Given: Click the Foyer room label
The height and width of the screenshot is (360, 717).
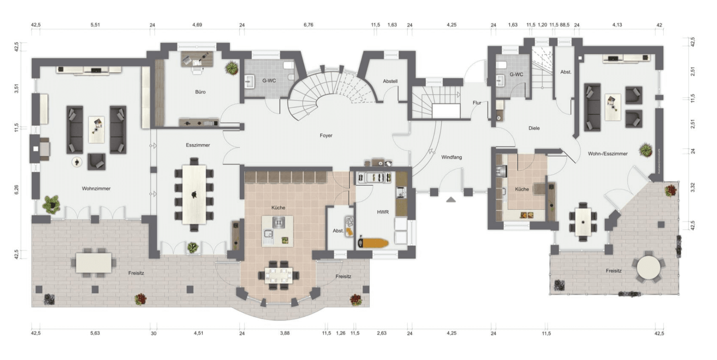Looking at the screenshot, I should tap(326, 135).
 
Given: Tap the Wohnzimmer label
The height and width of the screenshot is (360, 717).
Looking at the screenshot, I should tap(96, 188).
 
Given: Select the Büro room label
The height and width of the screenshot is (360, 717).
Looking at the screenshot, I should tap(200, 92).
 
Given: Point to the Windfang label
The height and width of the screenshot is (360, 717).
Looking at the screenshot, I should tap(451, 157).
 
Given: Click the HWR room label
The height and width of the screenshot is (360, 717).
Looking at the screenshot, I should tap(382, 212).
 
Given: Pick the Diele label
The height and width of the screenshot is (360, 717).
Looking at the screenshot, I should tap(534, 128).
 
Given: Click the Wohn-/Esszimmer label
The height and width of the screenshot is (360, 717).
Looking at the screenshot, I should tap(607, 154).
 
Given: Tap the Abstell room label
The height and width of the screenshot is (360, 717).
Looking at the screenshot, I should tap(390, 81).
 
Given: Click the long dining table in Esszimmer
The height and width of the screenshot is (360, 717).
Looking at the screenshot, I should tap(194, 195).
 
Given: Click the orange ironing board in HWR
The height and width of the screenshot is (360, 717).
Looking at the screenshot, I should tap(373, 243).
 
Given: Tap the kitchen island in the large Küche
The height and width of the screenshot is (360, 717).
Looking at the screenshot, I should tap(277, 231).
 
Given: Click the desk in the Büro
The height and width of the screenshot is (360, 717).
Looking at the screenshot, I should tap(197, 59).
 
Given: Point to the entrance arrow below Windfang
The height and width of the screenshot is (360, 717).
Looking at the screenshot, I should tap(451, 200).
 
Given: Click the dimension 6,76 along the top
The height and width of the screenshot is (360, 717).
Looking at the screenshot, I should tap(308, 25).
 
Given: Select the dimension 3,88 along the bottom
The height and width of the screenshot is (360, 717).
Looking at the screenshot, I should tap(284, 333).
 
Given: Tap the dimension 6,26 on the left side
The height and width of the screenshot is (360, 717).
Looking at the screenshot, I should tap(16, 190).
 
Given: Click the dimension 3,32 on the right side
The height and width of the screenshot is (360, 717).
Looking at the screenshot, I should tap(693, 187).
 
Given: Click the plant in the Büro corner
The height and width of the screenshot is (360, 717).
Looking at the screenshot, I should tap(231, 68).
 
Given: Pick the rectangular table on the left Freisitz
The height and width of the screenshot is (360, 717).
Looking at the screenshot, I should tap(94, 263).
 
